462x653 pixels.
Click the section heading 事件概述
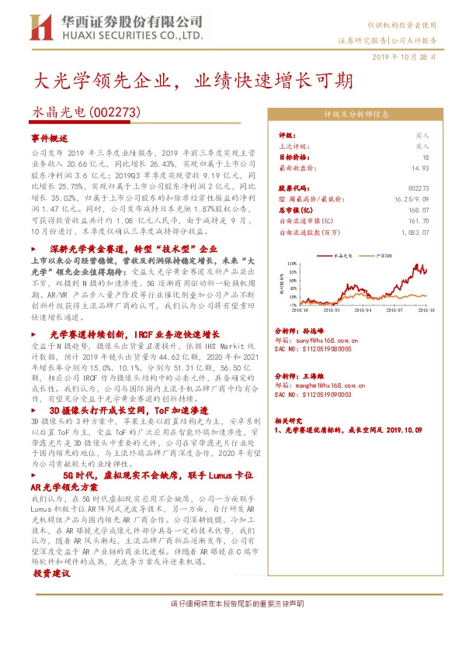coord(50,137)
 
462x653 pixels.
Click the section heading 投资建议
coord(52,572)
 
